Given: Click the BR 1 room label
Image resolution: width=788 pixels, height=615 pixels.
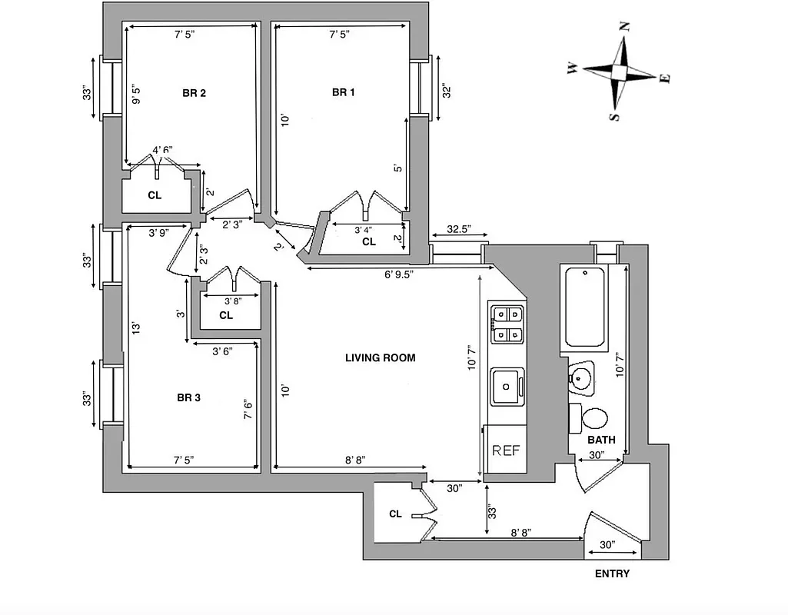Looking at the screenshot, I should pyautogui.click(x=343, y=92).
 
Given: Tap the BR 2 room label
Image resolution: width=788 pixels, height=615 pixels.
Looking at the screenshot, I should pyautogui.click(x=194, y=93).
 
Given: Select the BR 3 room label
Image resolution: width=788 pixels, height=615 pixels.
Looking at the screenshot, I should pyautogui.click(x=188, y=397).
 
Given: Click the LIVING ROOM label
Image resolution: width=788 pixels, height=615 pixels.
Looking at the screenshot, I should pyautogui.click(x=380, y=357).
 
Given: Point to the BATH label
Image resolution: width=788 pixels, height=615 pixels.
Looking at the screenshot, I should pyautogui.click(x=601, y=440).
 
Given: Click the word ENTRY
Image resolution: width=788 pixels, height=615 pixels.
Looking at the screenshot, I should pyautogui.click(x=612, y=573).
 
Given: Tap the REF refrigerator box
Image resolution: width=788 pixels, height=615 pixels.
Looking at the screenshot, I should pyautogui.click(x=506, y=450).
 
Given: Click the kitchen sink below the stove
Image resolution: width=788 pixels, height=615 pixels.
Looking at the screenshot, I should pyautogui.click(x=507, y=385).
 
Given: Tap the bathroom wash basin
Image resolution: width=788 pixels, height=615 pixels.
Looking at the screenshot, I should pyautogui.click(x=581, y=377).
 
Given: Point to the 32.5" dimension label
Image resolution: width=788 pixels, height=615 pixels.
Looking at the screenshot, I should pyautogui.click(x=458, y=230).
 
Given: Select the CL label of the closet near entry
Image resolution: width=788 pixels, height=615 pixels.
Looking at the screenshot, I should pyautogui.click(x=395, y=514).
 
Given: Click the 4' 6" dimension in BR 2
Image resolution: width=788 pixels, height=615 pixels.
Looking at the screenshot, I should pyautogui.click(x=162, y=150).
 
